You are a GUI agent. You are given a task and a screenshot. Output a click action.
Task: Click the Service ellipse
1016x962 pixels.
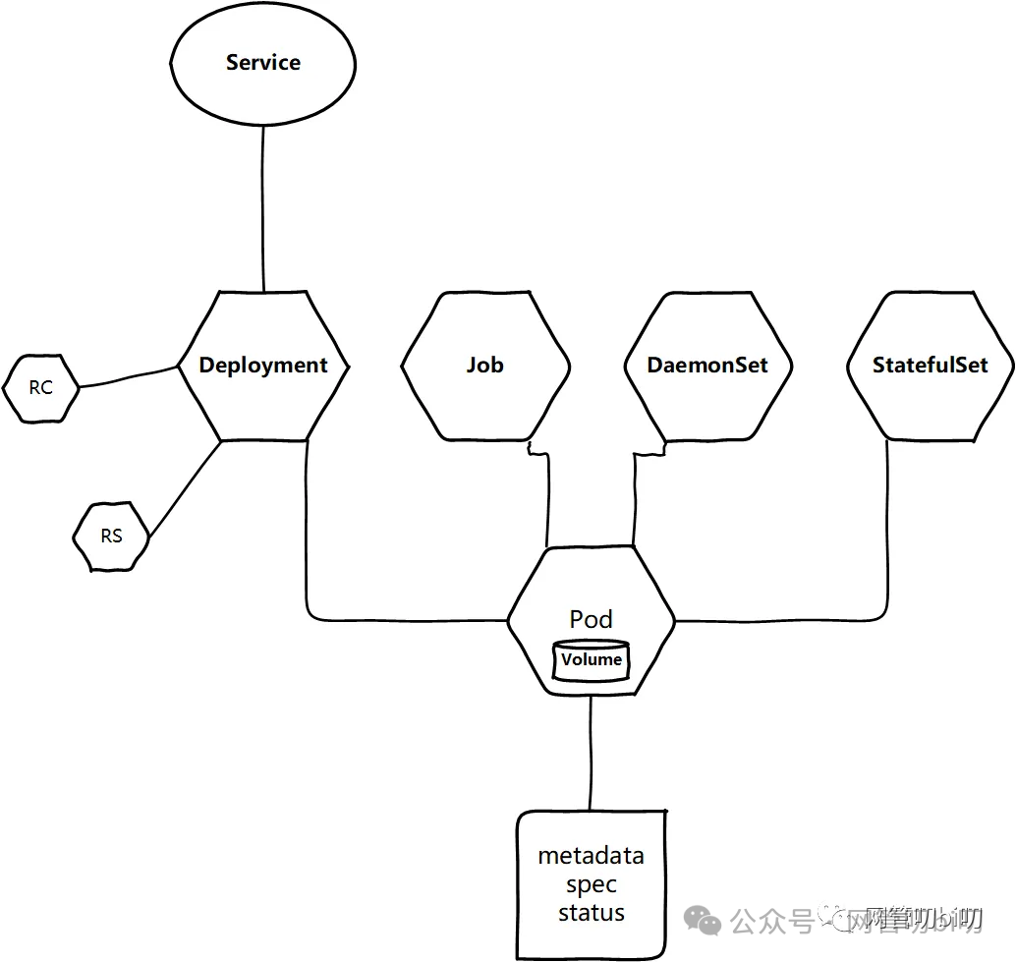262,63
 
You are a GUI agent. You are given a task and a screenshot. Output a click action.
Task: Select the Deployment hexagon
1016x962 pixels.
262,366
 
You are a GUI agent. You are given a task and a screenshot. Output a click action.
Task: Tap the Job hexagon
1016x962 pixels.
484,366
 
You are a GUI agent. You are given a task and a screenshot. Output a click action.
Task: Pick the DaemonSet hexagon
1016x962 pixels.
707,366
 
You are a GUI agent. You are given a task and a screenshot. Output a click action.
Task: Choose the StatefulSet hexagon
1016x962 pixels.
930,366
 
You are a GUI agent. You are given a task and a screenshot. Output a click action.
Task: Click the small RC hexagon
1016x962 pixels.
40,388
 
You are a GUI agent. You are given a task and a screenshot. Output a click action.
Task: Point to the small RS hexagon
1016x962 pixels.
111,537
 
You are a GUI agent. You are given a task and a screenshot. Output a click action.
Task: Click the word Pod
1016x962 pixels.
591,619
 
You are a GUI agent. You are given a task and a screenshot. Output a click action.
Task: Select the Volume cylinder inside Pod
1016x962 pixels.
592,660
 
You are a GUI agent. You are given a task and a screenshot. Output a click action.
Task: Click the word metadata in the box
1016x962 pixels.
591,856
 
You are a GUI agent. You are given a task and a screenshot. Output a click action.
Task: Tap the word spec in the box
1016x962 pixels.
591,884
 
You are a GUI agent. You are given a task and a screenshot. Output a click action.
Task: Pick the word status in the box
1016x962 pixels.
591,913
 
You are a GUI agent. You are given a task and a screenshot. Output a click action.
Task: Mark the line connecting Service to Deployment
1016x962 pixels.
263,206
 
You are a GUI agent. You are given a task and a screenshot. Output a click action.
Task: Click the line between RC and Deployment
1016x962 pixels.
128,377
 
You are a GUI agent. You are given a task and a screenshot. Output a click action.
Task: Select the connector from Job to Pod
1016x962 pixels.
545,501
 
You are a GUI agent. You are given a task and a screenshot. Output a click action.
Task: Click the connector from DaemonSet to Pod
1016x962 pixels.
635,501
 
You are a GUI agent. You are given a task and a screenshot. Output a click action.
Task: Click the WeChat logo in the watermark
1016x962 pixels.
704,921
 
